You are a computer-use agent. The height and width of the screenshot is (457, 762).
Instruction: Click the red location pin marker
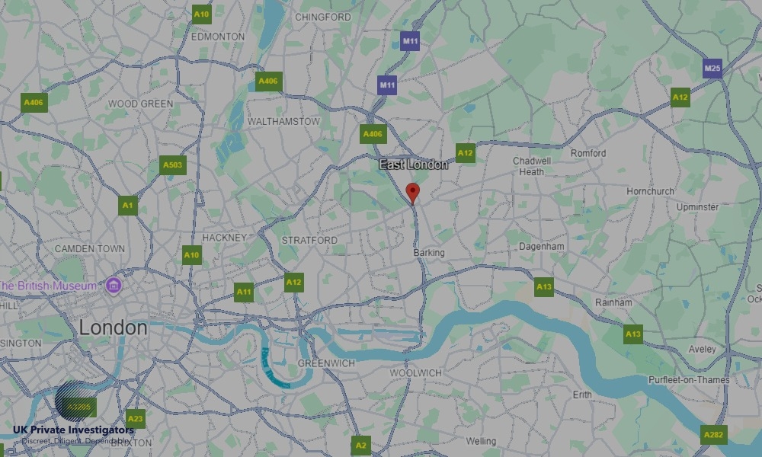point(412,192)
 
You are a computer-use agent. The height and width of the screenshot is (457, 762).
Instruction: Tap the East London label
point(414,165)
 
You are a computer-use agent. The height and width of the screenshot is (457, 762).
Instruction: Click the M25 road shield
point(712,69)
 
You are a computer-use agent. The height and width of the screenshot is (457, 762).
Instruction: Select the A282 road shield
point(714,435)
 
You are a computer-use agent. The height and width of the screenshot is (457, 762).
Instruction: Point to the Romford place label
point(588,153)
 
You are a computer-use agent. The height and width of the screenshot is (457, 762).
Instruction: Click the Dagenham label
point(541,247)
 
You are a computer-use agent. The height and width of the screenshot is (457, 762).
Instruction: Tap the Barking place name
point(428,252)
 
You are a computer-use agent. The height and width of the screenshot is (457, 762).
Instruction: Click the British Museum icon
point(114,286)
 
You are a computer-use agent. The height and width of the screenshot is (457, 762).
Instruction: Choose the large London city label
point(114,328)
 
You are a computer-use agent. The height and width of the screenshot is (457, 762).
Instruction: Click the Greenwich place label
point(326,363)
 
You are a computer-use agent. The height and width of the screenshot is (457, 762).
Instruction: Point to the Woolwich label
point(415,372)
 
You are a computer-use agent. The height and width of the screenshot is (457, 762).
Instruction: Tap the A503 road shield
point(173,165)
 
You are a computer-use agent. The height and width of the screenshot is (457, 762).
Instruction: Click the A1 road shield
point(128,205)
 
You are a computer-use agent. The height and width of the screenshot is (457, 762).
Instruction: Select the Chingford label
point(322,17)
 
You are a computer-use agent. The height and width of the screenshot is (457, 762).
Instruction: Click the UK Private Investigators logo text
point(73,430)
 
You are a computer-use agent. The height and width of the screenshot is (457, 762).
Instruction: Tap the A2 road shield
point(361,446)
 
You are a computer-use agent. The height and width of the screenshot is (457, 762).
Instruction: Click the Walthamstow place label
point(283,121)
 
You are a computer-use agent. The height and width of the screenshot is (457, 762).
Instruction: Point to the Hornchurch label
point(650,191)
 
